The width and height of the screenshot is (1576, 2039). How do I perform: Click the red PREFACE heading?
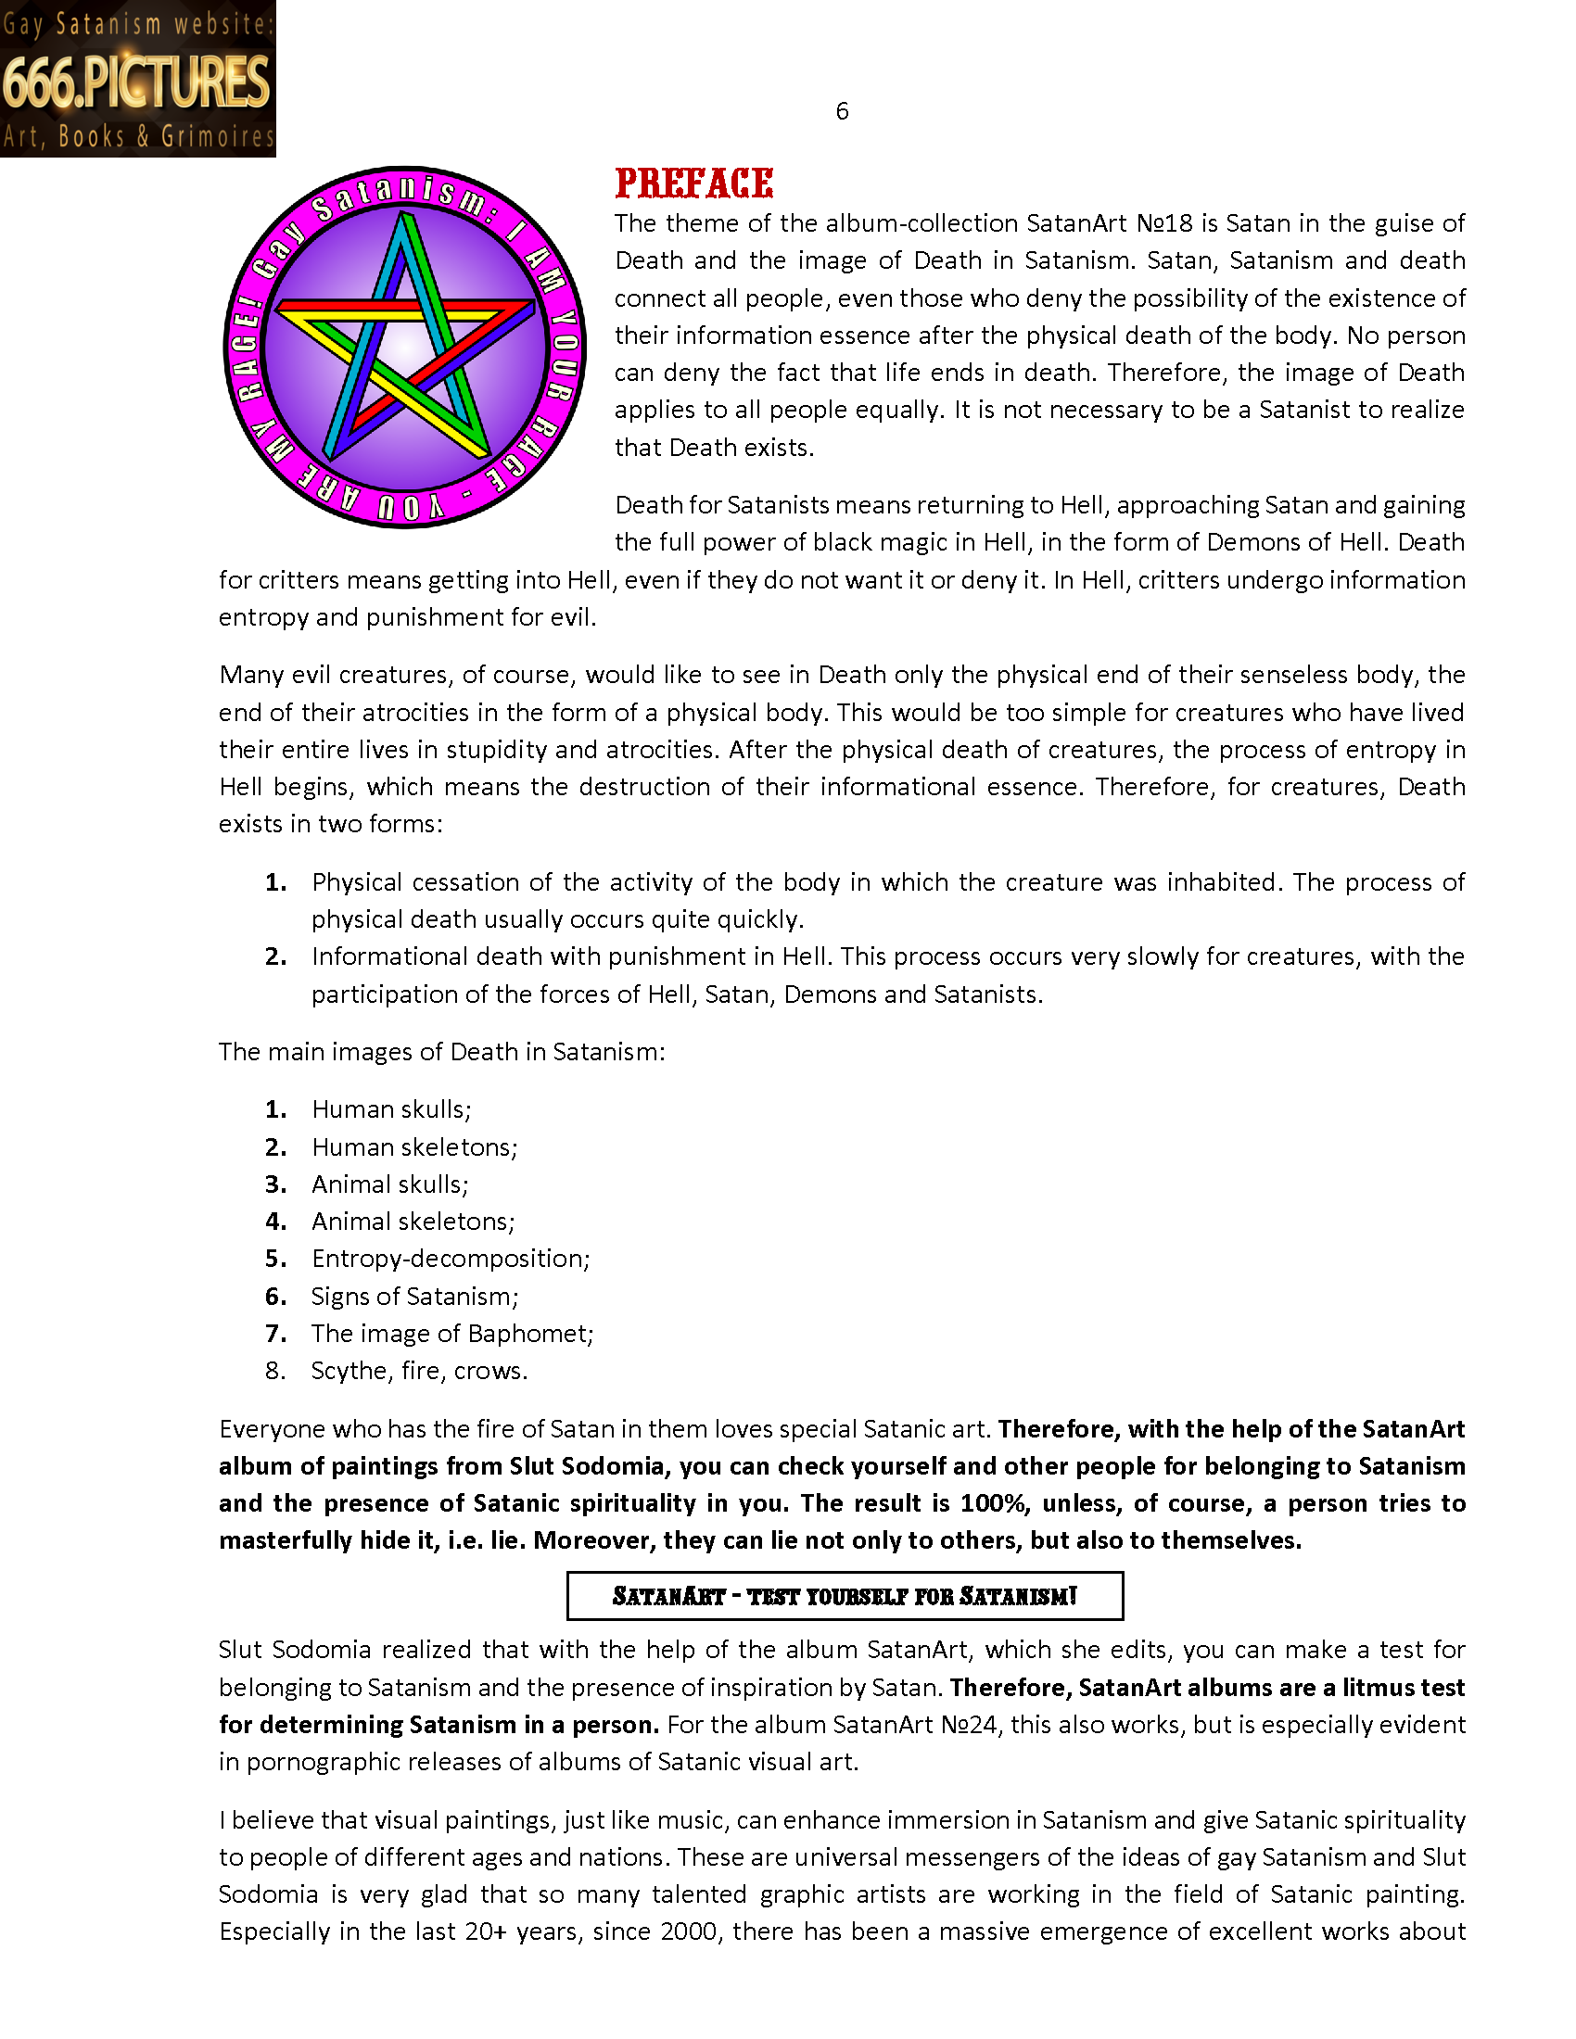click(693, 183)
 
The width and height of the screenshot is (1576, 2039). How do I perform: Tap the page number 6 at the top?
click(842, 112)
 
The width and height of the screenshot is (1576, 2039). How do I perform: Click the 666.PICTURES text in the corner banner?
click(136, 82)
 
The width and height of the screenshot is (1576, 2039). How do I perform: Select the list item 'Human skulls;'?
click(391, 1109)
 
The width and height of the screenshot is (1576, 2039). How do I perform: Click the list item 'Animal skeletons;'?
click(413, 1222)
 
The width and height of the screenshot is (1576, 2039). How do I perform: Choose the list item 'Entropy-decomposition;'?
click(451, 1259)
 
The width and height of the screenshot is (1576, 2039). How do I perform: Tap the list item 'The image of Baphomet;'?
click(452, 1333)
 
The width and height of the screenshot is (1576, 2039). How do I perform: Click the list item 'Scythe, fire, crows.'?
click(419, 1371)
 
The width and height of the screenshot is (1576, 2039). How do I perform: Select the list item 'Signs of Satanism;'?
click(414, 1296)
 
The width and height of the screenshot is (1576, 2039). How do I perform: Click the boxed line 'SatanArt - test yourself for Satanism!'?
click(845, 1596)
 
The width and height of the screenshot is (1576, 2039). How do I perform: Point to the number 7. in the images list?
click(275, 1333)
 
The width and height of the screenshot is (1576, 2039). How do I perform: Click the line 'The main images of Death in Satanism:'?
click(441, 1052)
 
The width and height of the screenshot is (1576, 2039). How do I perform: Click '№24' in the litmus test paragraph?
click(969, 1725)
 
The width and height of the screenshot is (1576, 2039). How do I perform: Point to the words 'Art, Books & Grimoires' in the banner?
click(138, 137)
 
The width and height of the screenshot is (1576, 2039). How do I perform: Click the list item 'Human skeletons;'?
click(414, 1146)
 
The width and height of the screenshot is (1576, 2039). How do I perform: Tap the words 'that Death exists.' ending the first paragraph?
click(714, 449)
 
